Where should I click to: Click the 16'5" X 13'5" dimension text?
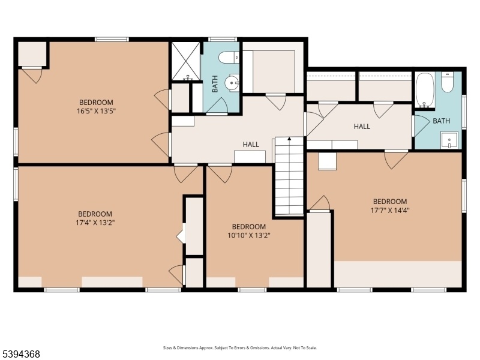point(96,111)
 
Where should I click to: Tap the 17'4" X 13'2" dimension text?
point(95,223)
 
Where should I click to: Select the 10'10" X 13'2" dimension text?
point(249,235)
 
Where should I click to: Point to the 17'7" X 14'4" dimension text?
point(390,211)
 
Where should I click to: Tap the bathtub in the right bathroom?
point(425,89)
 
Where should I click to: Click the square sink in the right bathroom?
point(449,140)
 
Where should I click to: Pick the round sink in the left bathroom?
point(232,82)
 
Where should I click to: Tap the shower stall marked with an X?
point(185,61)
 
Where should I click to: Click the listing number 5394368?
point(20,354)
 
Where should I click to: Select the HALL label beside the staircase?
point(251,145)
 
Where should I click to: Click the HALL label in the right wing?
point(362,127)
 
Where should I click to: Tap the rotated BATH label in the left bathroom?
point(215,84)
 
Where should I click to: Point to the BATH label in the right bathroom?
point(442,121)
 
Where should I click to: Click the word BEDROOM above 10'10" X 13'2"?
point(249,227)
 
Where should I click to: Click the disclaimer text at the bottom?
point(240,348)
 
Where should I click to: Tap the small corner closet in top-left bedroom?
point(32,54)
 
